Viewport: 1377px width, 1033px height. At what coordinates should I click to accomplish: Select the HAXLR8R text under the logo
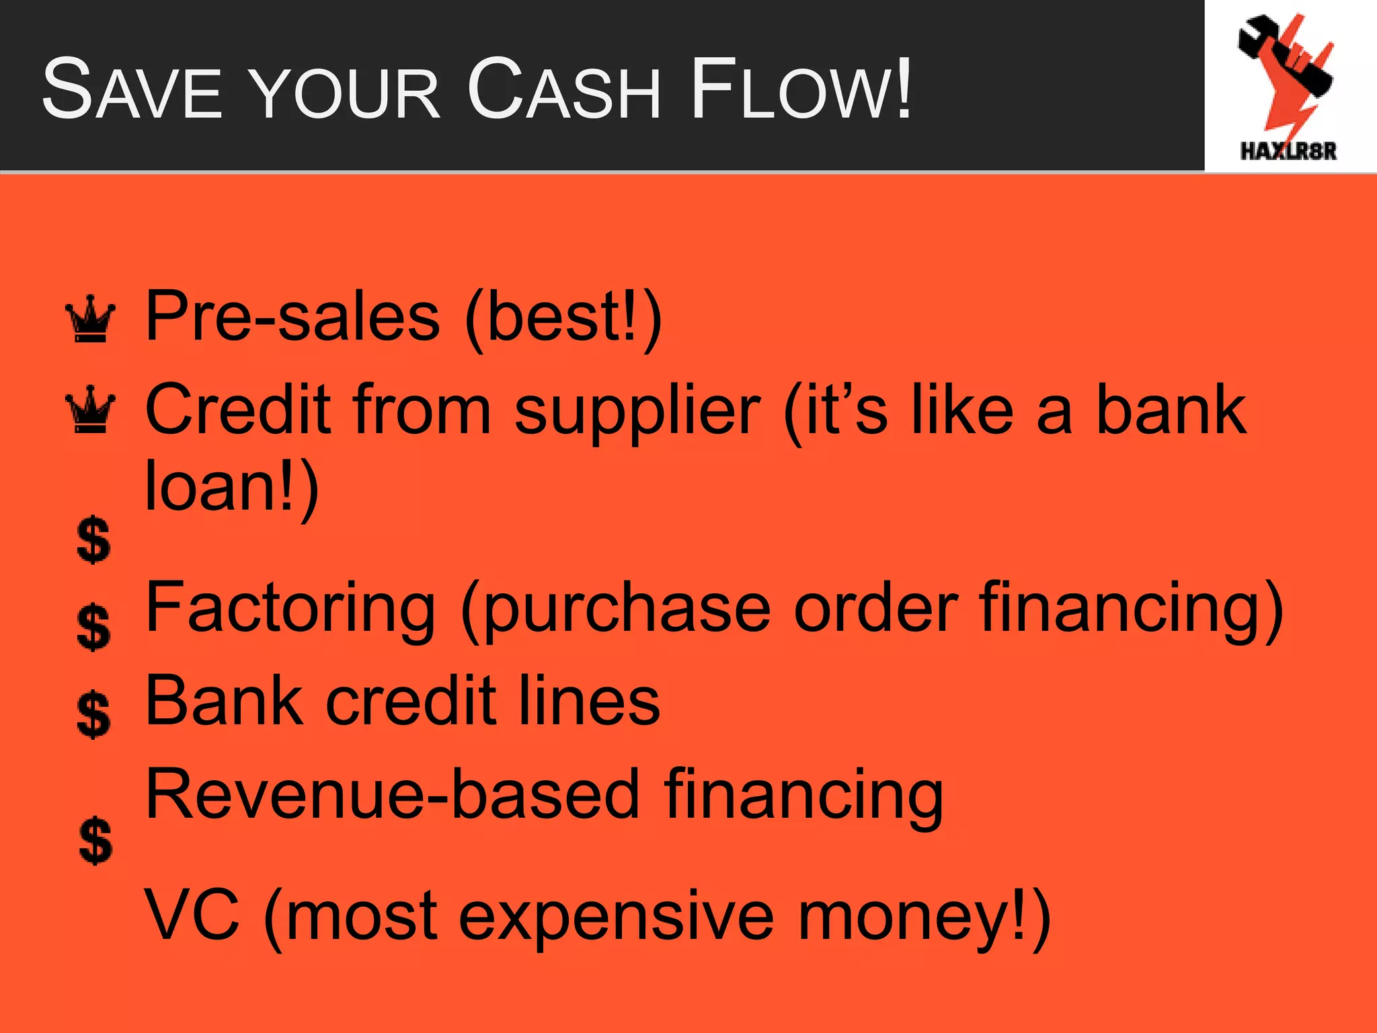(x=1288, y=151)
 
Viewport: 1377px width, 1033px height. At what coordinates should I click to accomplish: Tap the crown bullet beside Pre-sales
(x=90, y=319)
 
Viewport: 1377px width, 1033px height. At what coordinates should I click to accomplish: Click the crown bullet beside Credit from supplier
(x=90, y=410)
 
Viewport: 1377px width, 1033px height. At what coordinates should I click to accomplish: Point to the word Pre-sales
(x=292, y=316)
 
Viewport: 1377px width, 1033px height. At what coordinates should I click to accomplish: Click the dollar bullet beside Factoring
(x=93, y=627)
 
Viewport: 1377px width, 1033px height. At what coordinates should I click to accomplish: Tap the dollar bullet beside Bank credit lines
(x=93, y=714)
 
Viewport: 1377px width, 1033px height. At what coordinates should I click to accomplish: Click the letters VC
(x=192, y=915)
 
